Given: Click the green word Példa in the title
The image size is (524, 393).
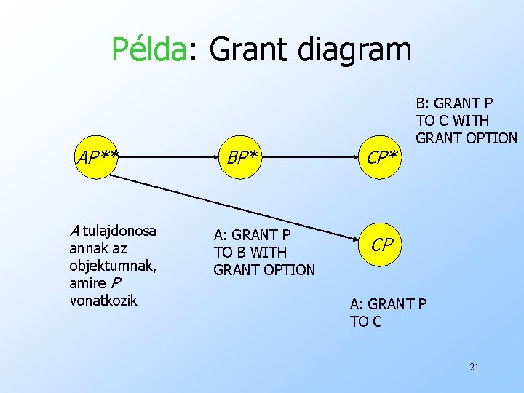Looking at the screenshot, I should tap(148, 49).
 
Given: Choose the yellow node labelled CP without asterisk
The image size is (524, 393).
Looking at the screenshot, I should tap(383, 245).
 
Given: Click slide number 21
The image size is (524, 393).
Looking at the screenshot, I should tap(474, 367).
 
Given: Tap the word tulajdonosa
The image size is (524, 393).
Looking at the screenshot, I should tap(120, 231).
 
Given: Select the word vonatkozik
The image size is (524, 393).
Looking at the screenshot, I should tap(103, 300).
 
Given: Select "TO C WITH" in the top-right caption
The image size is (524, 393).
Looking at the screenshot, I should tap(453, 121).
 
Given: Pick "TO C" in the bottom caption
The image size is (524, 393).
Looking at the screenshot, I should tap(365, 322).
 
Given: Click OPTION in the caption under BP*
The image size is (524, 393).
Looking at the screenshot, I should tap(289, 270).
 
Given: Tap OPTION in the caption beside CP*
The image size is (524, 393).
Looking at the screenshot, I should tap(491, 138).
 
